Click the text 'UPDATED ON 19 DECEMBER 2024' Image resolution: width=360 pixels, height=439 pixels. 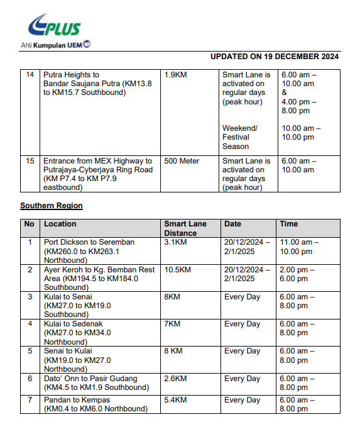point(275,57)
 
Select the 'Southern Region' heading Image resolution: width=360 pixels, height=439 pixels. point(52,206)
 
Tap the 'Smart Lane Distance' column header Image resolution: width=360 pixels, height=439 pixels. point(185,228)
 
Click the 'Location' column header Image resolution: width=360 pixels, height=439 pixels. point(60,224)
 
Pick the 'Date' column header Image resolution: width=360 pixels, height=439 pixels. point(232,224)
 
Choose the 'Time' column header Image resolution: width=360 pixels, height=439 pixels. point(289,224)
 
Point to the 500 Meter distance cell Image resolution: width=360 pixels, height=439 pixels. point(182,161)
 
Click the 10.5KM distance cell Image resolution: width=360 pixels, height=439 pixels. point(177,269)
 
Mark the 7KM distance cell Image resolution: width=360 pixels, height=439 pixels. point(172,324)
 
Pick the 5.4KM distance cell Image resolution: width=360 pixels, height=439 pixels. point(175,400)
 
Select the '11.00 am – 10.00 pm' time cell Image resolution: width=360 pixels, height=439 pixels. point(300,247)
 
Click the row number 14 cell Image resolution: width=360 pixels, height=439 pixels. point(30,75)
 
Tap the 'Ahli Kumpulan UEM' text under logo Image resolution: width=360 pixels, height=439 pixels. point(55,45)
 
